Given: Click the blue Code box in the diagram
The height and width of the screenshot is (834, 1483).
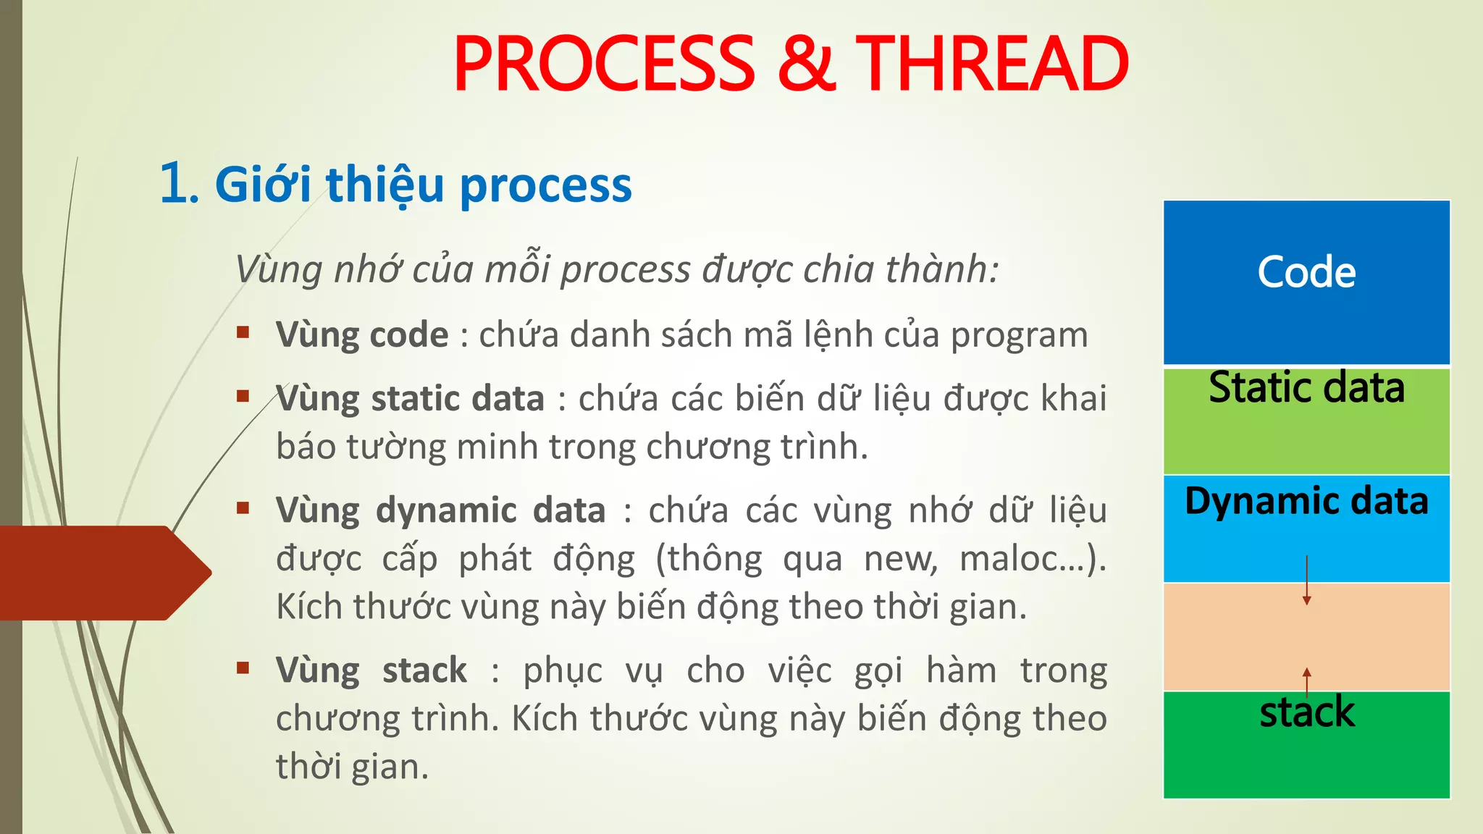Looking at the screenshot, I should [x=1306, y=282].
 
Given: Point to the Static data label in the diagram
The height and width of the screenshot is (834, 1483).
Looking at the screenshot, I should [x=1306, y=387].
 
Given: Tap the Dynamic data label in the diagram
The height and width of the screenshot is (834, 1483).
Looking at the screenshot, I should [x=1306, y=501].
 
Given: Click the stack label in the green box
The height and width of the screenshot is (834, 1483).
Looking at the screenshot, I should [x=1306, y=712].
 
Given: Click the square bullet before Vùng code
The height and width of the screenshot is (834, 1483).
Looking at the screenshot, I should [x=243, y=333].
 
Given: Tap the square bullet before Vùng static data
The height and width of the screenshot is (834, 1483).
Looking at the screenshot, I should [x=243, y=396].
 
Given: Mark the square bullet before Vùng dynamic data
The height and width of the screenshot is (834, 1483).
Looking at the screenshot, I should [x=243, y=507].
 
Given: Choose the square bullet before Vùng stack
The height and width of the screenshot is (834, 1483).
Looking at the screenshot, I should [x=243, y=667].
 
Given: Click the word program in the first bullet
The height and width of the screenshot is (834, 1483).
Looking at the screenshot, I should [x=1019, y=336].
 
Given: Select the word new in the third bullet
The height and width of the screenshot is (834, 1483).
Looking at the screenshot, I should [x=900, y=559].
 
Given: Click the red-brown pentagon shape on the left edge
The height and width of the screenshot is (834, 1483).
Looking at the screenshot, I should [x=101, y=573].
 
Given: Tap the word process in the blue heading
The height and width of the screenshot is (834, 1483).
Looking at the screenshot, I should [x=545, y=186].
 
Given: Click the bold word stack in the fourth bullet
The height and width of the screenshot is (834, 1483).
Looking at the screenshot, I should [x=424, y=670].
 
